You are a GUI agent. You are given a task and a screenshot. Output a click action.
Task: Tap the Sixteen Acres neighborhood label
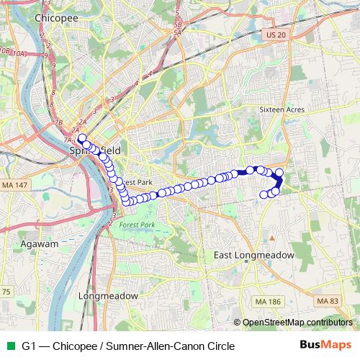282,109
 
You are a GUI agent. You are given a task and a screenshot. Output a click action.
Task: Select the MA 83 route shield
327,300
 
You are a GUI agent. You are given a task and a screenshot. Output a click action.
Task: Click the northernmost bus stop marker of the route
81,137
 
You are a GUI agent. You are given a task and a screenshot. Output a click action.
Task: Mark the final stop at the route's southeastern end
264,194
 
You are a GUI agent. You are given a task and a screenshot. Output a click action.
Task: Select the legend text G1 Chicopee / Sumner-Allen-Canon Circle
128,346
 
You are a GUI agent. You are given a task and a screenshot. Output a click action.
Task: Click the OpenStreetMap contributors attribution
296,323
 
